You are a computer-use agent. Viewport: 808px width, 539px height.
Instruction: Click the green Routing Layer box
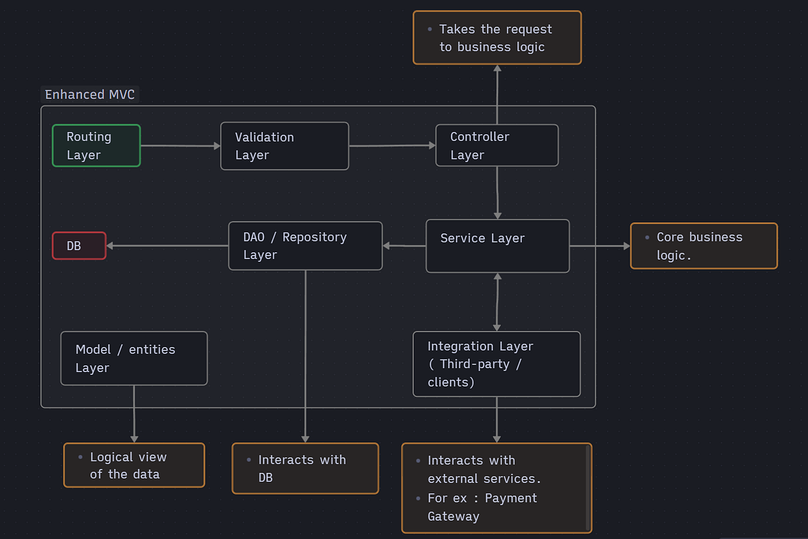96,146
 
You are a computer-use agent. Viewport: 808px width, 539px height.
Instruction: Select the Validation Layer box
284,146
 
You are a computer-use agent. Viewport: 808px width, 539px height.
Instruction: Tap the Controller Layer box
497,145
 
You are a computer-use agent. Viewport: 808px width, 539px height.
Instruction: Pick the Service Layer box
498,246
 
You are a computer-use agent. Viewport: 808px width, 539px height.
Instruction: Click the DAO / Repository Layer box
305,246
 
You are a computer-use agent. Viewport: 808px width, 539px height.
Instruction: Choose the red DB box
79,246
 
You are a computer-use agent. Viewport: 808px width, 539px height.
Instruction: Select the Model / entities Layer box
134,359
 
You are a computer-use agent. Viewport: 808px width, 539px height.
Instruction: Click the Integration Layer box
496,364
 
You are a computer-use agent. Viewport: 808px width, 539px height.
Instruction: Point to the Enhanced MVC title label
90,94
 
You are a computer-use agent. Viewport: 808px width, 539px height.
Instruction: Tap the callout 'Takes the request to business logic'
497,38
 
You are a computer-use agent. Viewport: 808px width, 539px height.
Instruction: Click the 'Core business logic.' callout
704,246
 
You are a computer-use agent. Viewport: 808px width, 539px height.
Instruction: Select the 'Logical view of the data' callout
134,465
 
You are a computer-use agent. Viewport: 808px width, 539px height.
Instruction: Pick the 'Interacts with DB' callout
305,468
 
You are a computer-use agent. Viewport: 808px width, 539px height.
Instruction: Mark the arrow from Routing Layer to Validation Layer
180,145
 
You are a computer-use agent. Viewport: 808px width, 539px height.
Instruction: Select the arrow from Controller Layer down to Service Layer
497,192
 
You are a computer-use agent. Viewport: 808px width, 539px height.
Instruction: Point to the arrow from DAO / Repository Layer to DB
167,246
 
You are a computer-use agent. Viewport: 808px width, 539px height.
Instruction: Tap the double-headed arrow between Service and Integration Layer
497,302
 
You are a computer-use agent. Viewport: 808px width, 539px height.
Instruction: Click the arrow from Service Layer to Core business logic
599,246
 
